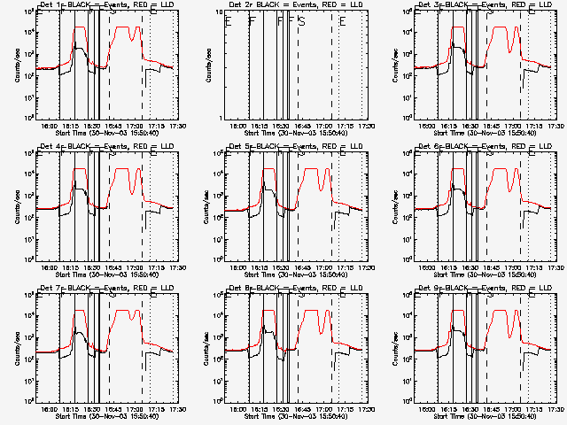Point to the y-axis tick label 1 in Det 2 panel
click(216, 119)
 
